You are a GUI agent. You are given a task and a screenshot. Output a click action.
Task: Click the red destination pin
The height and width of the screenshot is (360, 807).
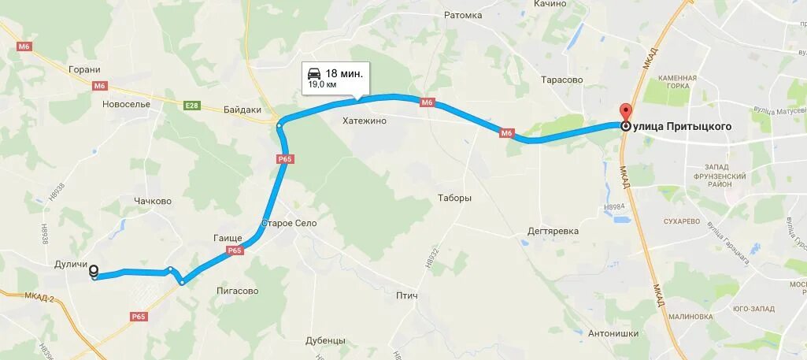[626, 113]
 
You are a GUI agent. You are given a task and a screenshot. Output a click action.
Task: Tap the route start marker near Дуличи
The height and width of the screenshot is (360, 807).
[95, 273]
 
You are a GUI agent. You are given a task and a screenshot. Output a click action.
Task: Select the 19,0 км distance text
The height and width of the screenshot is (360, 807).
[322, 84]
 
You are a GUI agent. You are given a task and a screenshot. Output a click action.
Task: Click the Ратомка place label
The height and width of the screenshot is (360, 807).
[463, 15]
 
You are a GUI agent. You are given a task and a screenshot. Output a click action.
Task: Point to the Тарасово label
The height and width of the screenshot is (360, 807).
[562, 80]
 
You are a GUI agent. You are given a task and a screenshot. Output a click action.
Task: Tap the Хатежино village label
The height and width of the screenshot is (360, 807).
[365, 121]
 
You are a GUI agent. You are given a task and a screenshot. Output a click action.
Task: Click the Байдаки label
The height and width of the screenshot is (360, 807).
[242, 110]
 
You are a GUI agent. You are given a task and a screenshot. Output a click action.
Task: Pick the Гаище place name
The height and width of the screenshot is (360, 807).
[228, 238]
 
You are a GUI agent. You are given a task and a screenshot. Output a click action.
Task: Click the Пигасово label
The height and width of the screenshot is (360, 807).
[238, 291]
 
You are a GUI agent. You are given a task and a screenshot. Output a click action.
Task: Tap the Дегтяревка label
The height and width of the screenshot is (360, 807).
[553, 231]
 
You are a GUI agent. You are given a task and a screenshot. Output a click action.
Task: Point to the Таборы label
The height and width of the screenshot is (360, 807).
[454, 198]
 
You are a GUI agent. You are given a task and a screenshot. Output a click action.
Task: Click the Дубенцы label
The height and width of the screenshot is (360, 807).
[326, 340]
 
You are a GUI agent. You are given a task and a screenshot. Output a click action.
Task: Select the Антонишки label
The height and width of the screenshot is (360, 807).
[613, 333]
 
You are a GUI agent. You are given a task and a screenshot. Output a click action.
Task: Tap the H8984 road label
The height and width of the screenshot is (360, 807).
[613, 207]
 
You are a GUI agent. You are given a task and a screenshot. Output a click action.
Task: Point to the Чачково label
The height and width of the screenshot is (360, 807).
[153, 201]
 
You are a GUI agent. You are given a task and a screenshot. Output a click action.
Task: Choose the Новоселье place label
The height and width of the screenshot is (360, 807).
[126, 103]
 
